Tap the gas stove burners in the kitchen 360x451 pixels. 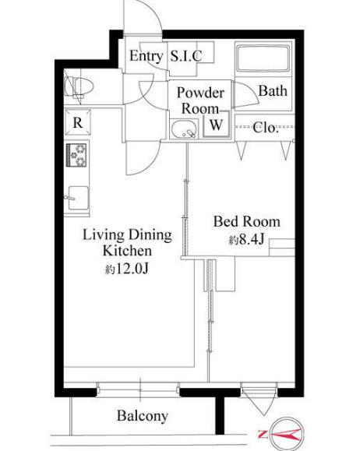(76, 155)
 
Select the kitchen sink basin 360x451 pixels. (78, 198)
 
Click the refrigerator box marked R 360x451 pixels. (78, 122)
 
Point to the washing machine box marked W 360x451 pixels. (216, 124)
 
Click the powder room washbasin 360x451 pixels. (185, 129)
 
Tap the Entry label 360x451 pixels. (146, 56)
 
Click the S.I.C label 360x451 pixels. (186, 56)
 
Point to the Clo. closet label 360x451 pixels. (266, 128)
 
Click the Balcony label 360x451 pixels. (143, 416)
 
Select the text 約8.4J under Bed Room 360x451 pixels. (246, 239)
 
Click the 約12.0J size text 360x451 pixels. (126, 269)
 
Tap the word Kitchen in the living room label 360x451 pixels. (127, 251)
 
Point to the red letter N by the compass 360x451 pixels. (263, 434)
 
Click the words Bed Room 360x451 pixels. (246, 222)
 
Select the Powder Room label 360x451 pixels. (200, 100)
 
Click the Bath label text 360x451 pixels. (273, 91)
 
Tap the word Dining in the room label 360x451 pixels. (150, 235)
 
